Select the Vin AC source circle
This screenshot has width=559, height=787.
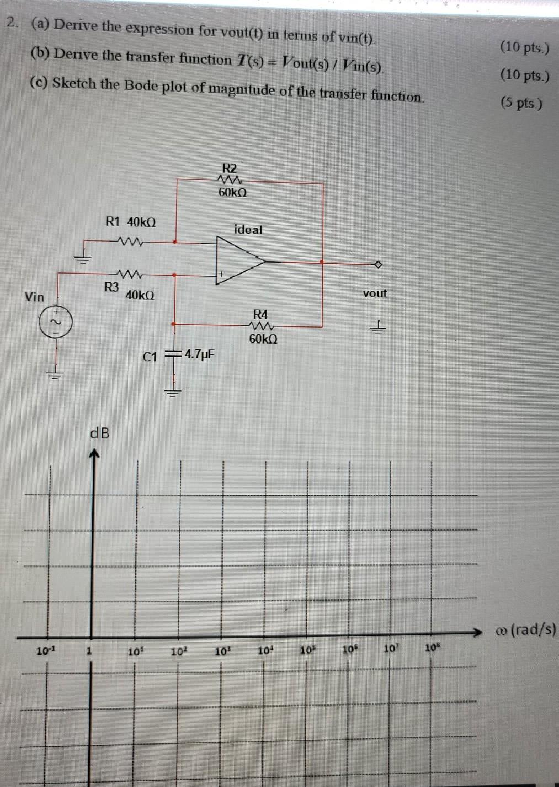pos(54,322)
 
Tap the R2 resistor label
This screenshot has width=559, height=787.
pos(229,168)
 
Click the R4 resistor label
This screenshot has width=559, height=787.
pos(260,314)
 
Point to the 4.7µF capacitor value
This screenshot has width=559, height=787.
pos(199,354)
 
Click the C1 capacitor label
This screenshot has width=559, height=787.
pos(150,357)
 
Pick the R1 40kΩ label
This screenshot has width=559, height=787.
pos(130,222)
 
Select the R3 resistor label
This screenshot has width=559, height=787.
pos(111,287)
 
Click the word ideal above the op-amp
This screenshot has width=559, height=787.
pos(248,229)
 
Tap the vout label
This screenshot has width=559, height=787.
pos(375,293)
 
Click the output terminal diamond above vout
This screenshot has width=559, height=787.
pos(378,264)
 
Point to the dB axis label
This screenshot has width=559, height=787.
pos(100,433)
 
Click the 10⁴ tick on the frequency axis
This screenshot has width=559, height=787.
pos(265,650)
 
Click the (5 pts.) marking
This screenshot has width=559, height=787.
pos(521,103)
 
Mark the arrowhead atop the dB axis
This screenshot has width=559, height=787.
pos(94,454)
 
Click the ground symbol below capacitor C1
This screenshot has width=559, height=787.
pos(174,393)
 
